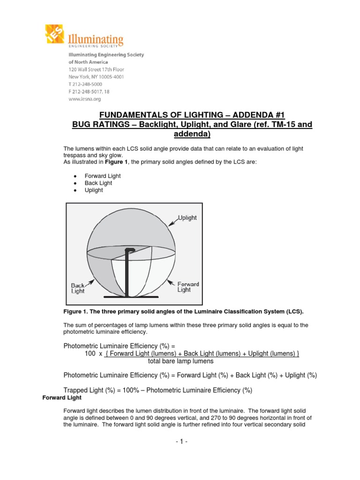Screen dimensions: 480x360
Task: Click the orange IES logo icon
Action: (x=56, y=35)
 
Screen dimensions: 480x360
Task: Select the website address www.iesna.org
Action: (x=78, y=99)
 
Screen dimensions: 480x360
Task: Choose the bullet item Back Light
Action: (x=98, y=183)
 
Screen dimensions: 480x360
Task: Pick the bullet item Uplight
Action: (x=94, y=191)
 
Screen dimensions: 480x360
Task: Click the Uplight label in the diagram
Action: (x=187, y=218)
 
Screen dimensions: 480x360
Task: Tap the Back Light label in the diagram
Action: (x=78, y=288)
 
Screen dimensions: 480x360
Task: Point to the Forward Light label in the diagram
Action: (x=187, y=287)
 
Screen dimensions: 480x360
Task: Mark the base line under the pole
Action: (x=127, y=297)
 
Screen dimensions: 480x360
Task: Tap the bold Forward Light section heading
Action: (x=62, y=398)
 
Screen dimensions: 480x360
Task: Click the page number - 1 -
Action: (x=180, y=441)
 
